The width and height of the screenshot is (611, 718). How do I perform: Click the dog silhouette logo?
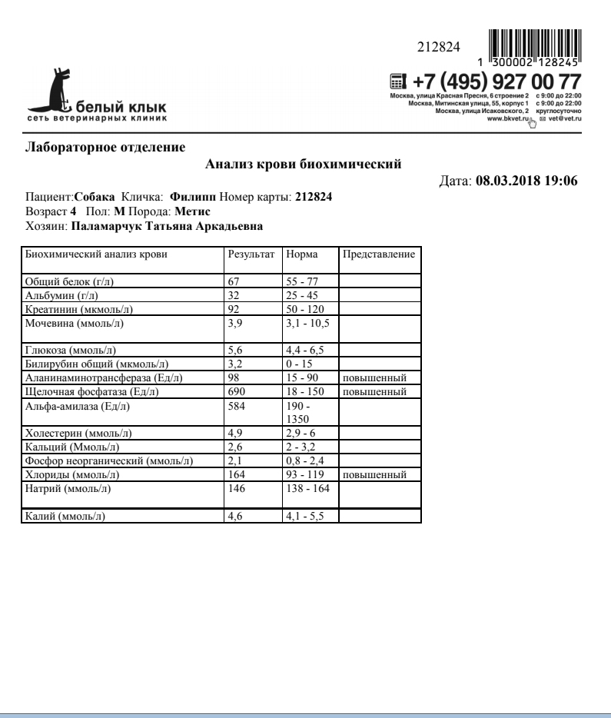(x=61, y=91)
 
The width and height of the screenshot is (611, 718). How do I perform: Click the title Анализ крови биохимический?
(x=304, y=164)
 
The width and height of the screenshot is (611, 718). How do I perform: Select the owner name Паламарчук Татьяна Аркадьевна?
(x=167, y=227)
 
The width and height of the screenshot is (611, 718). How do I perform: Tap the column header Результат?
(x=251, y=254)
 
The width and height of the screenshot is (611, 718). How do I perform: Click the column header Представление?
(x=379, y=254)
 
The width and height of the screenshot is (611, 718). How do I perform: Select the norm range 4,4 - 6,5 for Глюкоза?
(x=301, y=351)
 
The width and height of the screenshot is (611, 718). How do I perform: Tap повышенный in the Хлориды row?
(x=375, y=475)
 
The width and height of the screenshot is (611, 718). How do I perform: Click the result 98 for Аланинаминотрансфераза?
(x=234, y=378)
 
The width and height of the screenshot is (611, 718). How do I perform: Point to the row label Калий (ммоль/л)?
(x=65, y=517)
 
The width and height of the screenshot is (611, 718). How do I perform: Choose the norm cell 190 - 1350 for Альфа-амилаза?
(x=301, y=412)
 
